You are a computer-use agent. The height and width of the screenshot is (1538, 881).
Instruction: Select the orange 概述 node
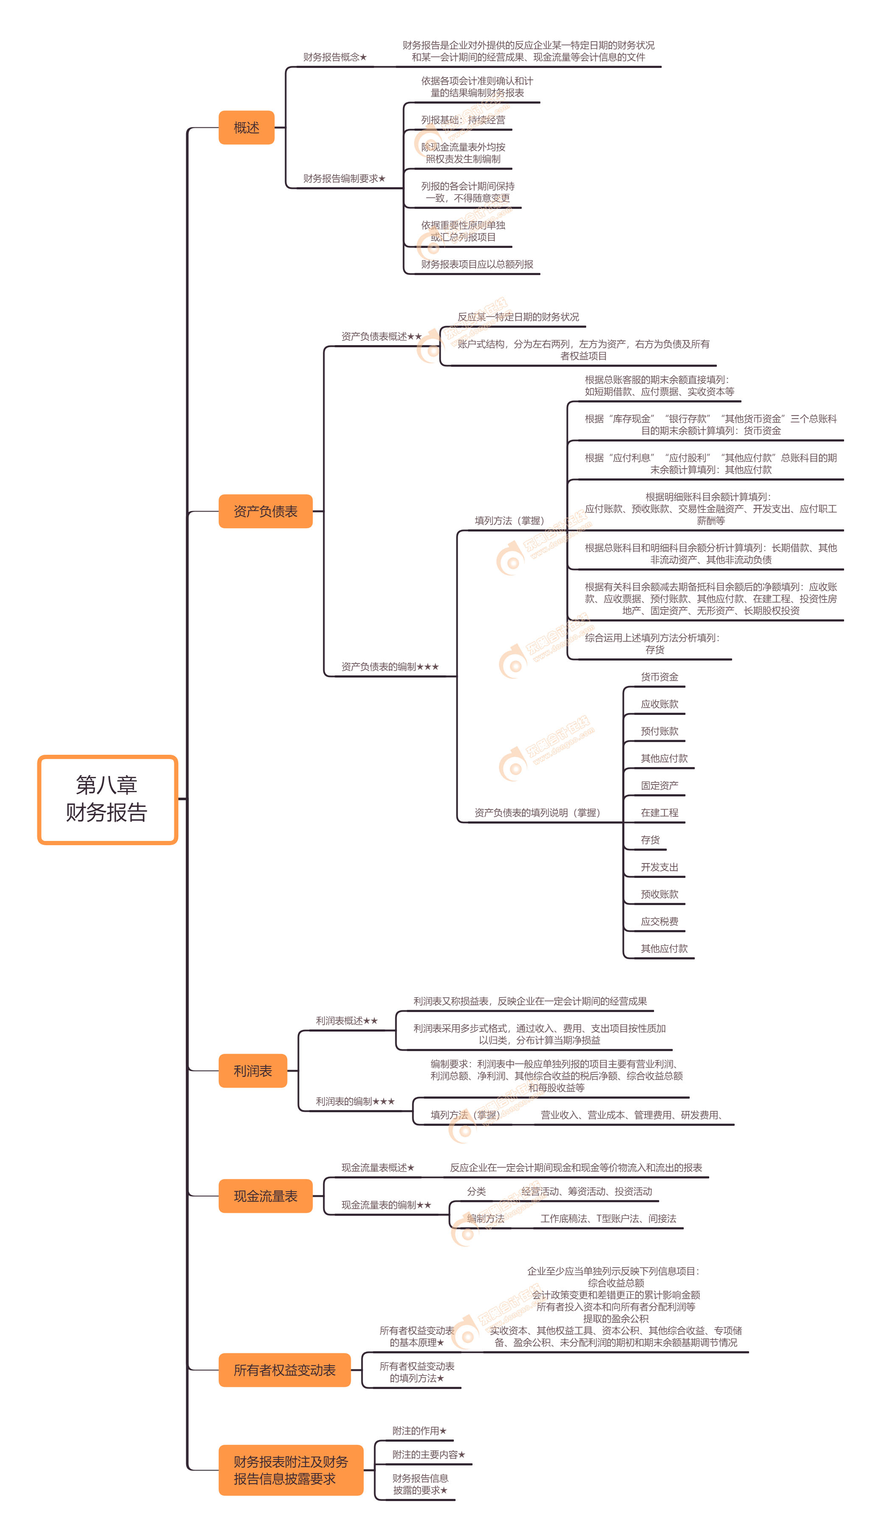[246, 128]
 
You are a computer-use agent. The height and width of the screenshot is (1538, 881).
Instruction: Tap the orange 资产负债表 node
[265, 511]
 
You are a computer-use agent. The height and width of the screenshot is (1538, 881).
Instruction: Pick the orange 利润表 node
[252, 1071]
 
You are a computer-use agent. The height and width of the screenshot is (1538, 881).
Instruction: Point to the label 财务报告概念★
[335, 57]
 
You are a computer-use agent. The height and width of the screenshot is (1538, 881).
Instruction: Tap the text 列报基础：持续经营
[463, 120]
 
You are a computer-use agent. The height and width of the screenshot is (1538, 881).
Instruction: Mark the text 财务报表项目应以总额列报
[477, 264]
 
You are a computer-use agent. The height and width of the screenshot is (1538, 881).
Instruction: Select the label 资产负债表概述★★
[381, 336]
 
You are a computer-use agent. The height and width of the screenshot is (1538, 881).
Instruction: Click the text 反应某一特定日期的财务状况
[518, 317]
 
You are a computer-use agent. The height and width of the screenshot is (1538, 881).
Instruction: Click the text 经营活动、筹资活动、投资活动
[586, 1191]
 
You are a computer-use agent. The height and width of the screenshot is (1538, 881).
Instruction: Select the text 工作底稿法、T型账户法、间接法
[608, 1218]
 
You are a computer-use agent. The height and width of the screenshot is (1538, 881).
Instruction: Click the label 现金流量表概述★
[378, 1167]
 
